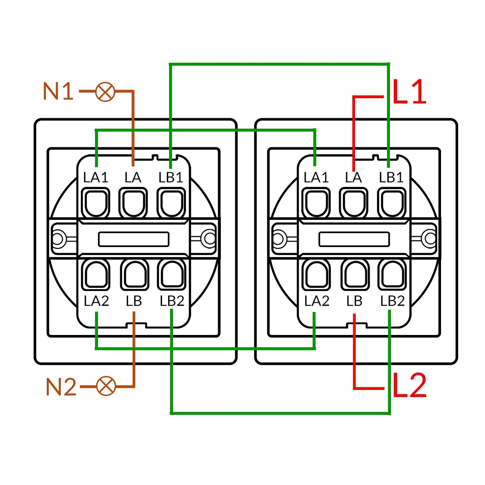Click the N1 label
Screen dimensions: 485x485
[58, 91]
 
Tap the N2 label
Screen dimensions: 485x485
[61, 387]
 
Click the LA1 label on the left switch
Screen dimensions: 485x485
[96, 178]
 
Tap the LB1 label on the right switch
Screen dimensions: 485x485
[391, 178]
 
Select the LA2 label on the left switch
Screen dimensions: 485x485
[96, 301]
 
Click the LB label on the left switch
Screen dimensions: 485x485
[134, 301]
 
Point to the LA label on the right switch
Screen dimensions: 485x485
[353, 178]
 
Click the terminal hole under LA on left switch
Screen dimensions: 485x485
[133, 203]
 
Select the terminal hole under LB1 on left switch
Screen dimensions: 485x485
[172, 203]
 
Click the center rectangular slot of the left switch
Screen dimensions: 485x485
[134, 239]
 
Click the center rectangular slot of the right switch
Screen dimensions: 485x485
[354, 239]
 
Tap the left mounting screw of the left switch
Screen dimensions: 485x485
[58, 238]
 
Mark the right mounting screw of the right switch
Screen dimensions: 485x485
[430, 238]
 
